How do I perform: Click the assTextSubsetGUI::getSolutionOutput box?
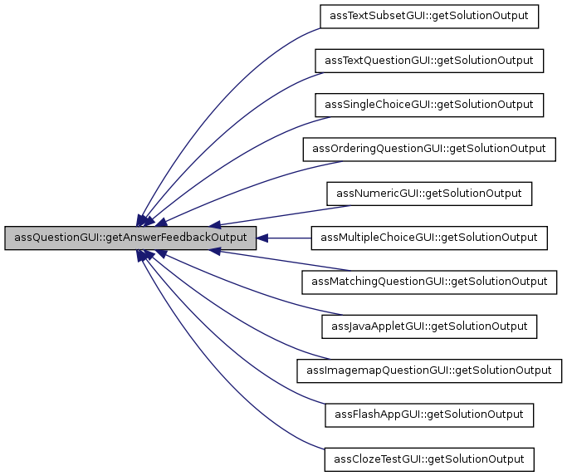tap(429, 17)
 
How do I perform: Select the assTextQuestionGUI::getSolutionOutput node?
tap(429, 61)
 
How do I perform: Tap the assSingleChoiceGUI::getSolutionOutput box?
tap(429, 105)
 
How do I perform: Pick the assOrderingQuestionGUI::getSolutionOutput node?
tap(429, 149)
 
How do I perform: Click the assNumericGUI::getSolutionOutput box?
tap(429, 194)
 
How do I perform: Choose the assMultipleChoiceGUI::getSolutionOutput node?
tap(429, 238)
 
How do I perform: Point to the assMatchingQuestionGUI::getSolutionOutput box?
tap(429, 282)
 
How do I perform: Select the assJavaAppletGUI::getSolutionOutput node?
tap(429, 326)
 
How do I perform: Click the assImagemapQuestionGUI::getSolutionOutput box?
tap(429, 370)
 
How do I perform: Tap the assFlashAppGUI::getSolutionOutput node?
tap(429, 414)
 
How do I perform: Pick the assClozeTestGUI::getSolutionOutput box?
tap(429, 458)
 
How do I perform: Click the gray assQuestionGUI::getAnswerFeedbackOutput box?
tap(130, 238)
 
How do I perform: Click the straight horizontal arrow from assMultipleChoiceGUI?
tap(286, 238)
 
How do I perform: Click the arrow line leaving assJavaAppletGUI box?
tap(249, 303)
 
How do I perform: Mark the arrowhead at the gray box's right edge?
tap(262, 238)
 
